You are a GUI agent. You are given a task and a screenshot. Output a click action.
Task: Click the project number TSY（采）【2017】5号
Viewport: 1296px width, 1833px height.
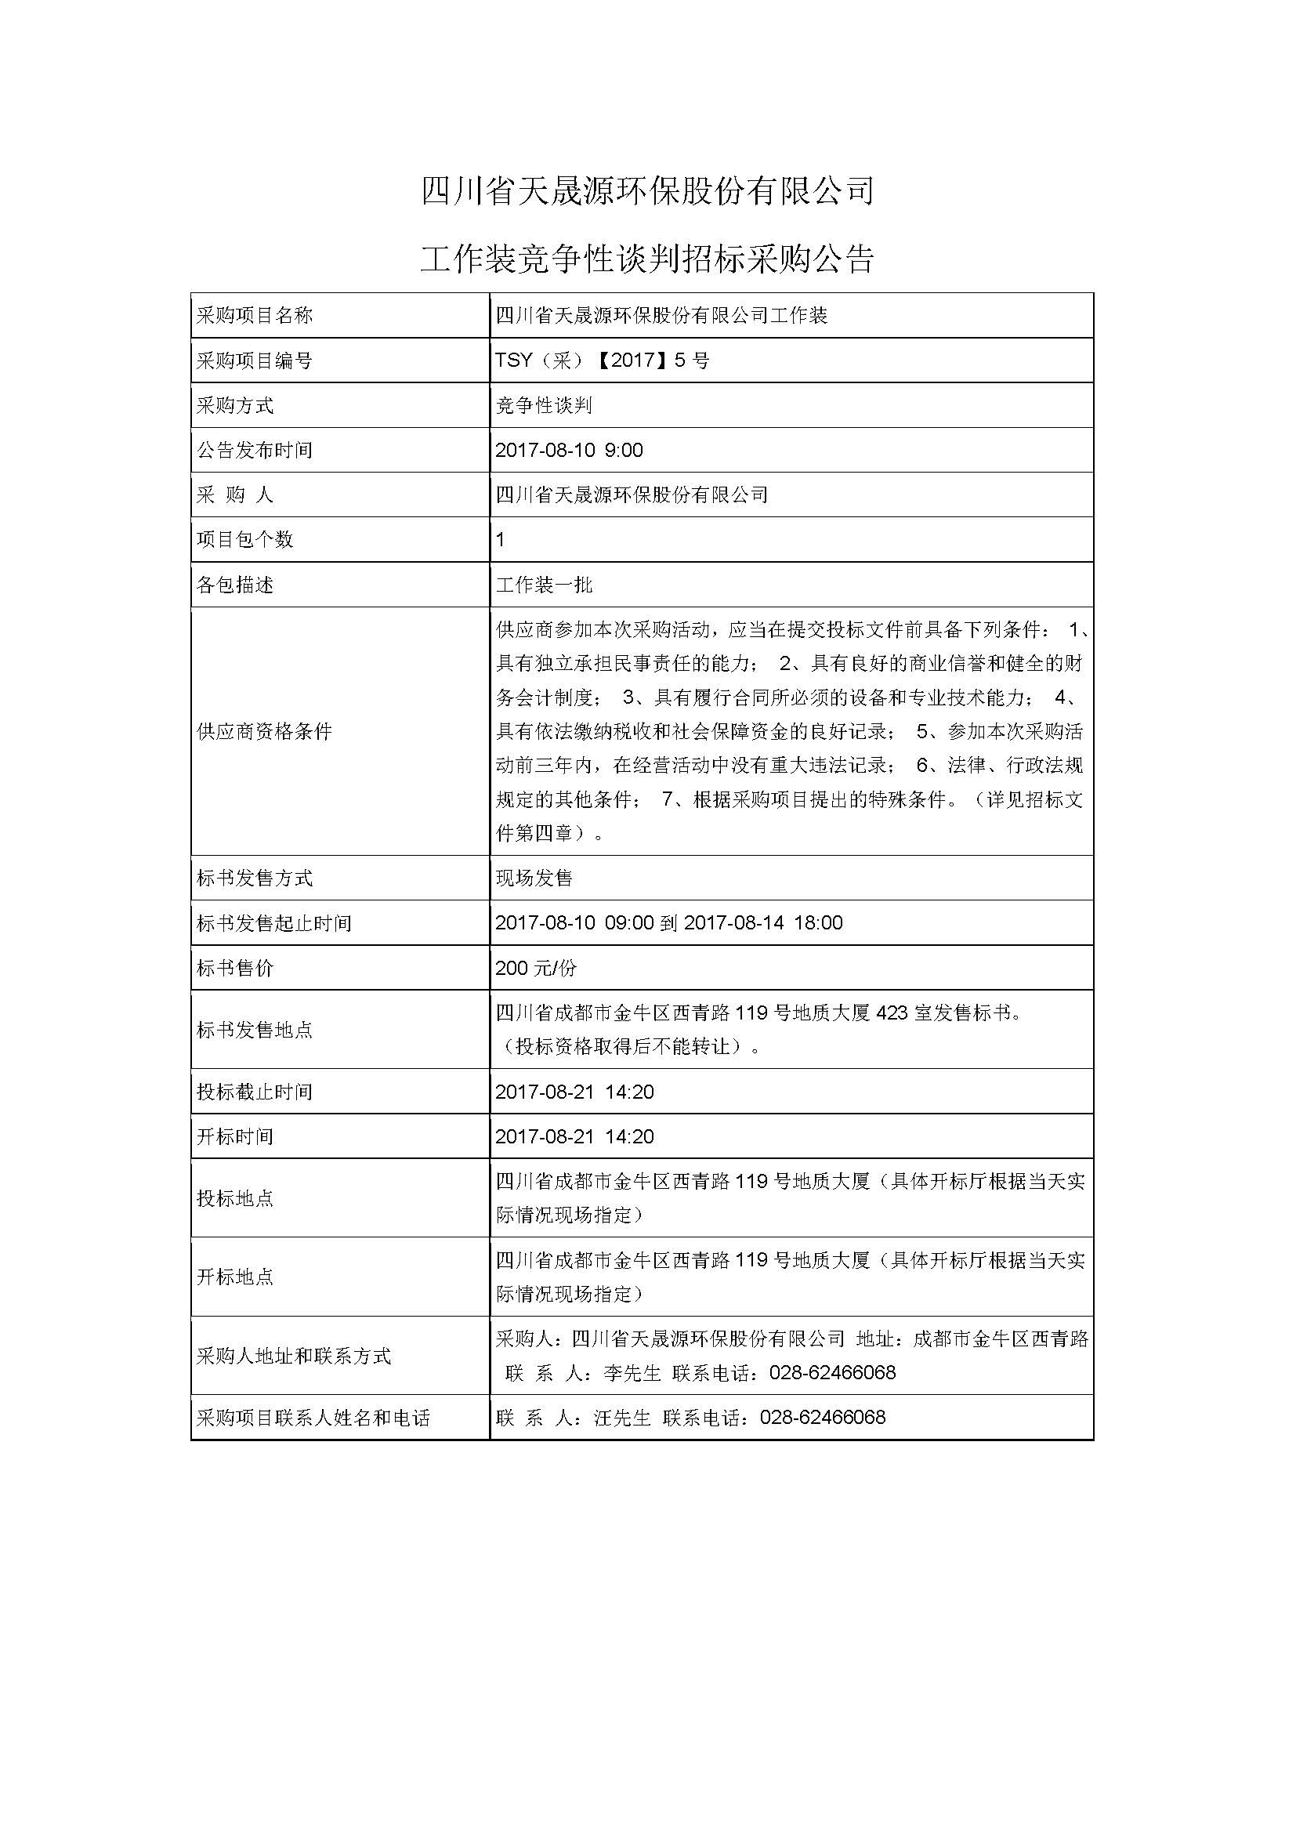602,360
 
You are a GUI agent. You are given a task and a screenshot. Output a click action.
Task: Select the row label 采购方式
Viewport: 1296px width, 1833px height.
234,406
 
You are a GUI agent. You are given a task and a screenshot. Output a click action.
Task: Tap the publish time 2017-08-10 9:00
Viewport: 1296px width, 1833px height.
568,451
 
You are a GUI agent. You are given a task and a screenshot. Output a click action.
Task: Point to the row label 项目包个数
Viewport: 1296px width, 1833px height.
244,540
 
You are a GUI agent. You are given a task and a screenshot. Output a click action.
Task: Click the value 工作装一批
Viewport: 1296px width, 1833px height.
544,585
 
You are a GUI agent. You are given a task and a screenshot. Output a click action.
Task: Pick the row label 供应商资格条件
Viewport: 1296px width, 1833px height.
263,731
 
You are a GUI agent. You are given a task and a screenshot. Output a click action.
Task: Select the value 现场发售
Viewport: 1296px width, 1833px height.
534,878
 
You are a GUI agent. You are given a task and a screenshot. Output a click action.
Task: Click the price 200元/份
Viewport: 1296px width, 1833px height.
535,969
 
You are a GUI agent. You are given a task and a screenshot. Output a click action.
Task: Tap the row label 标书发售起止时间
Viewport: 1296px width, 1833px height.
273,924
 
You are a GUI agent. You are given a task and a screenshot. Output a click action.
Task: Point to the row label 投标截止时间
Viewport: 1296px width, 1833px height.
254,1092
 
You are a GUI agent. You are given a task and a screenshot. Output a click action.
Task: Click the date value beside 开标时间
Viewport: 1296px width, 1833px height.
574,1137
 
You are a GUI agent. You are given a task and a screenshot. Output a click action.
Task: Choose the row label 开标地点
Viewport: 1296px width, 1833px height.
234,1277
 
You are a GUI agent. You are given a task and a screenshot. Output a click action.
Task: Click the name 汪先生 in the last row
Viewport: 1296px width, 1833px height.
622,1418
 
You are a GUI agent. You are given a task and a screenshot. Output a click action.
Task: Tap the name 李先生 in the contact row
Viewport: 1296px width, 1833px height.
632,1373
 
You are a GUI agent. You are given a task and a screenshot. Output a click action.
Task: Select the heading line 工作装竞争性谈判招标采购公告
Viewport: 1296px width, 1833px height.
647,259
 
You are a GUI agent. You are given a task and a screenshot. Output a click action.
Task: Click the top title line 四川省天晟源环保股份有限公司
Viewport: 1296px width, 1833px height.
647,190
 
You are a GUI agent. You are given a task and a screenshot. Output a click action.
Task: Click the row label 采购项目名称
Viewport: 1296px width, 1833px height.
254,315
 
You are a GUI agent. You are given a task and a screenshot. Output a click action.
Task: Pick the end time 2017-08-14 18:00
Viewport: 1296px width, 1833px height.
763,923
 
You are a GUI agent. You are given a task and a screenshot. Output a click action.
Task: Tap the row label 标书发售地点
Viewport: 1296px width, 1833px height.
254,1030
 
